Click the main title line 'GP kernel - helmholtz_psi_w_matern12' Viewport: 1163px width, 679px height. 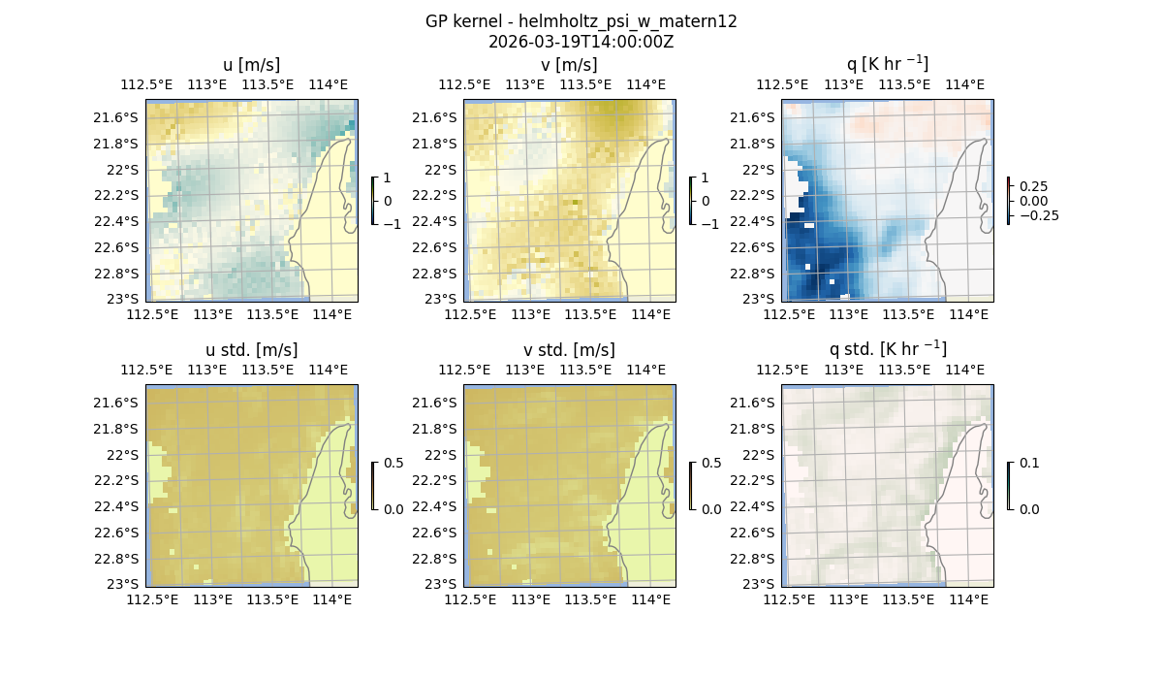pyautogui.click(x=581, y=21)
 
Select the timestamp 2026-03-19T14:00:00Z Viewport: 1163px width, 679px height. pyautogui.click(x=581, y=42)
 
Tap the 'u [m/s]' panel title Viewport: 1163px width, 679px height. pyautogui.click(x=251, y=65)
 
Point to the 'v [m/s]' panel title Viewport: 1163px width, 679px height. pyautogui.click(x=569, y=65)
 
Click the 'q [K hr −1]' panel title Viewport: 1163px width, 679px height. pyautogui.click(x=887, y=64)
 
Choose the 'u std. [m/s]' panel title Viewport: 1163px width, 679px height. pyautogui.click(x=251, y=350)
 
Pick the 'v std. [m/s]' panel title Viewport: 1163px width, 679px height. pyautogui.click(x=569, y=350)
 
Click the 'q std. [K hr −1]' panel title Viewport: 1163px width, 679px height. pyautogui.click(x=887, y=349)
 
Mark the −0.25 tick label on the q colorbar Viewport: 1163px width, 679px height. pyautogui.click(x=1038, y=215)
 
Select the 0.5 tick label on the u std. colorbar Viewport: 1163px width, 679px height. pyautogui.click(x=393, y=464)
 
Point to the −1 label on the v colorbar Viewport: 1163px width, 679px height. pyautogui.click(x=711, y=224)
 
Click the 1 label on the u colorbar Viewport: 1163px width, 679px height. pyautogui.click(x=388, y=178)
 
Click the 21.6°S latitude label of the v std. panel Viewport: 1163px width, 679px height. pyautogui.click(x=435, y=403)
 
